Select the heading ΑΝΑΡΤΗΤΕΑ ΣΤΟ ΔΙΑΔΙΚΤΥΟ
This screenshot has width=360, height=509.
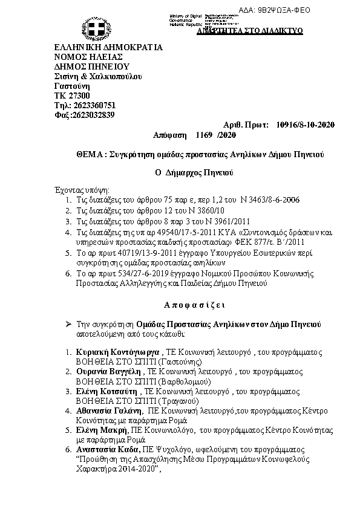point(250,30)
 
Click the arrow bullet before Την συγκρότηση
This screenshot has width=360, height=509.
point(68,324)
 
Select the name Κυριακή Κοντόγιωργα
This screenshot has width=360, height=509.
point(114,352)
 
